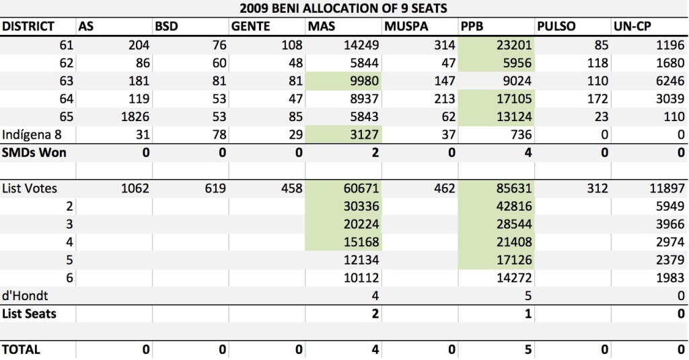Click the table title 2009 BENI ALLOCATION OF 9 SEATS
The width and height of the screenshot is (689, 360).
pyautogui.click(x=343, y=8)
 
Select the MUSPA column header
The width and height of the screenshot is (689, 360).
pyautogui.click(x=406, y=26)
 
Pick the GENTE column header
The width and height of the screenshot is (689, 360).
pyautogui.click(x=250, y=26)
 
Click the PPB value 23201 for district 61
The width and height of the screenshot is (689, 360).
pyautogui.click(x=513, y=45)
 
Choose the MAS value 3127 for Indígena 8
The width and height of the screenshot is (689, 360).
pyautogui.click(x=364, y=135)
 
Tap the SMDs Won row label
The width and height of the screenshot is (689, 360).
pyautogui.click(x=34, y=153)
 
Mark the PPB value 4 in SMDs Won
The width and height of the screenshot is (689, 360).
pyautogui.click(x=528, y=153)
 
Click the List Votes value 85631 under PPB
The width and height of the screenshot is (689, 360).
pyautogui.click(x=513, y=188)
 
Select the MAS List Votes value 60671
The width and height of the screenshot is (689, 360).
pyautogui.click(x=361, y=188)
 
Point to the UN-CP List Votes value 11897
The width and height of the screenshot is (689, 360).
pyautogui.click(x=667, y=188)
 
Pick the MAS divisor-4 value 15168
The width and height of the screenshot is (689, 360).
pyautogui.click(x=361, y=242)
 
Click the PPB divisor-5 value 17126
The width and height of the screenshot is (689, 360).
pyautogui.click(x=514, y=260)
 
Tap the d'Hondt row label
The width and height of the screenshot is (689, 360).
pyautogui.click(x=25, y=296)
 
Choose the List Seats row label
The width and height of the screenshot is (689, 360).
pyautogui.click(x=30, y=314)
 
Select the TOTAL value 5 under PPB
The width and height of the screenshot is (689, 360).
pyautogui.click(x=528, y=350)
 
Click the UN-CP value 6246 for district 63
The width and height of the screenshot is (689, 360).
pyautogui.click(x=670, y=81)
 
